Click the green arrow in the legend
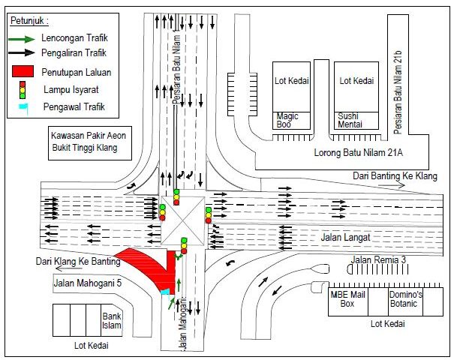point(22,39)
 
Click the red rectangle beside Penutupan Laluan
point(23,71)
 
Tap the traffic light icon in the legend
point(23,90)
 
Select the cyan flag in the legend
point(23,107)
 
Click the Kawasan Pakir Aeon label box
point(90,143)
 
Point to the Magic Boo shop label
point(287,120)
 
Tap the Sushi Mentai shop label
point(350,120)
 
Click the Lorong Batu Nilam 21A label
point(358,152)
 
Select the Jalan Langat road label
point(345,238)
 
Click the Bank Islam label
point(111,321)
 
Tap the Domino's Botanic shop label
point(405,299)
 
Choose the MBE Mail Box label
point(347,299)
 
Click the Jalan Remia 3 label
point(378,259)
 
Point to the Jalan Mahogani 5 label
point(88,283)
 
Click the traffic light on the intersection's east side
point(209,215)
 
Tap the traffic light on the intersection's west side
point(162,212)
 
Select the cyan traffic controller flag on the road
point(165,292)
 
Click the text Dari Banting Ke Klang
point(395,176)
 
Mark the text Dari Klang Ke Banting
point(78,261)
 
